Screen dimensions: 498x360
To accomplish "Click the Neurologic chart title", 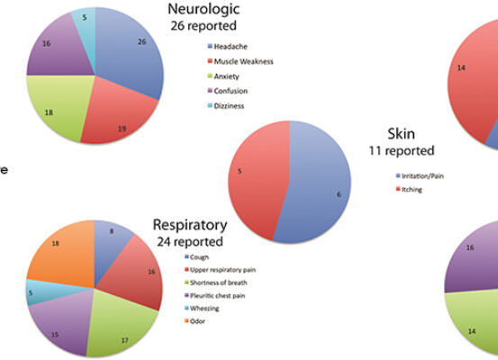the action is point(204,17).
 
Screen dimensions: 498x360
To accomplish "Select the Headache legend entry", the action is point(228,47).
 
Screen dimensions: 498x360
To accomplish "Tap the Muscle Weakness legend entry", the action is point(240,61).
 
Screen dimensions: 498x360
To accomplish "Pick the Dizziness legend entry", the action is point(226,105).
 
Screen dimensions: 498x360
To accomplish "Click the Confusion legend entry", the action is point(228,91).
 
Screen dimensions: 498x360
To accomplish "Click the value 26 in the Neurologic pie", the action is point(142,41).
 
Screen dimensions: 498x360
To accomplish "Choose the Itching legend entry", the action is point(409,190).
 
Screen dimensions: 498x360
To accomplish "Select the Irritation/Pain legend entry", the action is point(420,175).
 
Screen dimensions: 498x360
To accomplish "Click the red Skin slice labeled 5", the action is point(254,178).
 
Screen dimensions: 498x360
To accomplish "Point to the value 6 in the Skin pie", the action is point(339,194).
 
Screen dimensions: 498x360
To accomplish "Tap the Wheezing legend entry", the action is point(202,309).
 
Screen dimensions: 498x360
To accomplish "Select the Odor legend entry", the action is point(195,321).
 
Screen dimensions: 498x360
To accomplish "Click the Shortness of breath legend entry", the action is point(216,283).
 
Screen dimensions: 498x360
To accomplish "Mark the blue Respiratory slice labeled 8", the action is point(110,245).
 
